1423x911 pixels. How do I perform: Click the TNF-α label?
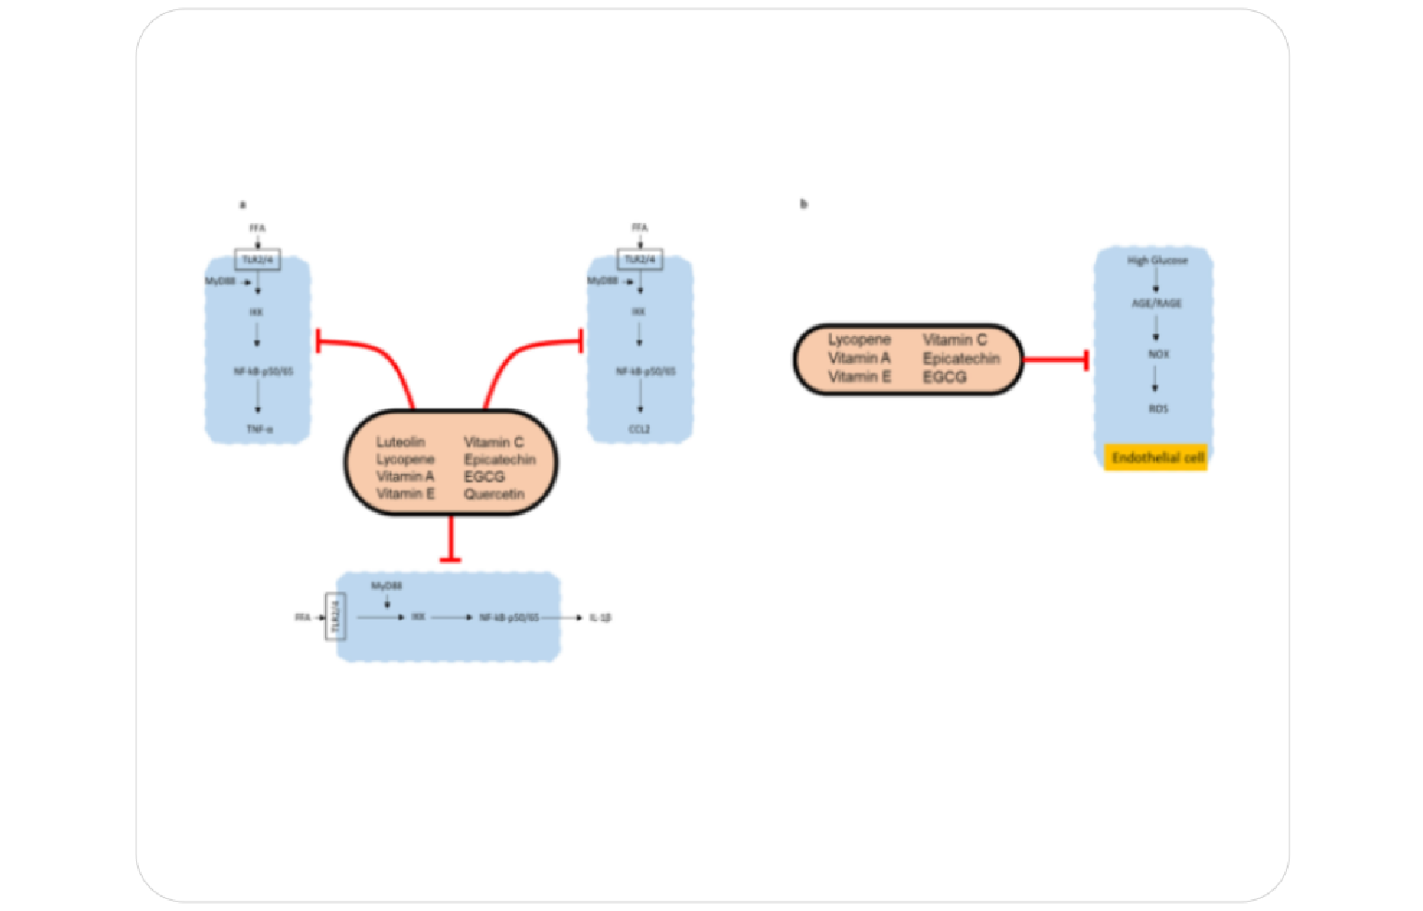(x=259, y=430)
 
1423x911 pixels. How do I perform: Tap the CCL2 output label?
(x=639, y=430)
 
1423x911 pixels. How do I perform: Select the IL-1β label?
(x=600, y=618)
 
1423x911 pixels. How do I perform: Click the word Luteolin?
(x=400, y=443)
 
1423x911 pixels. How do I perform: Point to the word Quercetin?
(x=494, y=494)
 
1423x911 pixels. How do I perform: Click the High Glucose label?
(x=1157, y=260)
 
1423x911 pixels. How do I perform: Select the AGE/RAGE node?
(x=1156, y=303)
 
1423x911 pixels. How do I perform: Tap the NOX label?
(x=1158, y=354)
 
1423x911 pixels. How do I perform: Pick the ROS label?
(x=1158, y=408)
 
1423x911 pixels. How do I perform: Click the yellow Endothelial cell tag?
(x=1156, y=457)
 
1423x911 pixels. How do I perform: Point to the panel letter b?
(x=803, y=204)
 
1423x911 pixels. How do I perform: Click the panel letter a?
(x=243, y=205)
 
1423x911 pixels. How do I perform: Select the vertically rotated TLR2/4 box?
(x=335, y=617)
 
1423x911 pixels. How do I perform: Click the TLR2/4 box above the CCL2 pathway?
(x=639, y=259)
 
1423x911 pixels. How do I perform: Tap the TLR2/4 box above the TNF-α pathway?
(x=258, y=260)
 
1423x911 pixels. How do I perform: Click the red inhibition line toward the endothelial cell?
(x=1054, y=359)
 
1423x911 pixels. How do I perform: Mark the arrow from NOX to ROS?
(x=1155, y=380)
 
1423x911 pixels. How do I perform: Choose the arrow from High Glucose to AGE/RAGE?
(x=1155, y=281)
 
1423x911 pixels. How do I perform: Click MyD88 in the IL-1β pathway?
(x=386, y=586)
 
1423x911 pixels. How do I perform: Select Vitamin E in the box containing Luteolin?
(x=405, y=494)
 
